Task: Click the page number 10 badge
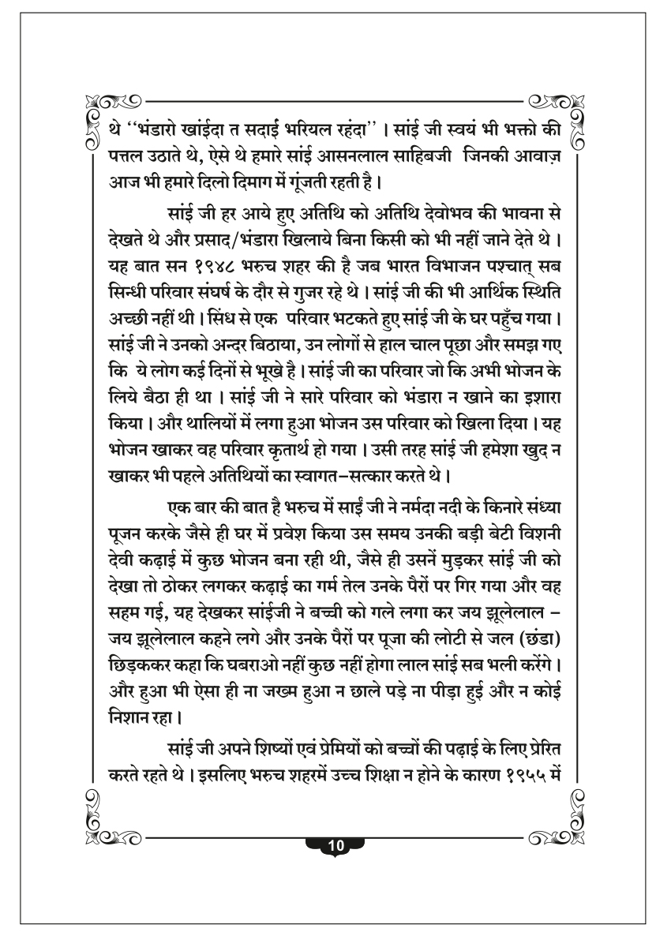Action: (x=335, y=845)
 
